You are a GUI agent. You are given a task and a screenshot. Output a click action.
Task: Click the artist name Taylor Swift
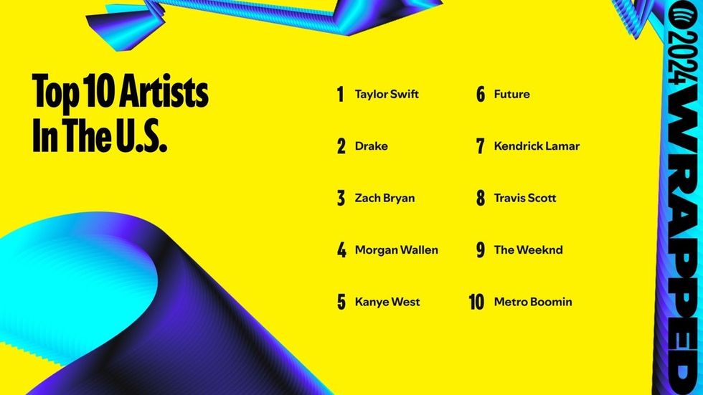coord(387,95)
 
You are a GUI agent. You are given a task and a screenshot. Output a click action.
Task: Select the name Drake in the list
coord(371,146)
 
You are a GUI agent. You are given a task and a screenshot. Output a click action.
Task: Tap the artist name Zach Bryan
coord(384,198)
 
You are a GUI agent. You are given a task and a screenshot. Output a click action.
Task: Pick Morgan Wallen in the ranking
coord(396,250)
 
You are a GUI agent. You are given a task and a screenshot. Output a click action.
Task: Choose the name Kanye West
coord(387,302)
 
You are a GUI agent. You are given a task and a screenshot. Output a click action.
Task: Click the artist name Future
coord(511,95)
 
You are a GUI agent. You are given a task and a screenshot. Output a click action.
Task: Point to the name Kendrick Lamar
coord(537,146)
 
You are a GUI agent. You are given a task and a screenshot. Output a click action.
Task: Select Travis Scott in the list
coord(525,198)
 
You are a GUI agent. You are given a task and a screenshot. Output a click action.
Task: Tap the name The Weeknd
coord(528,250)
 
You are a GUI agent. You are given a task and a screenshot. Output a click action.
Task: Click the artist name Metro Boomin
coord(533,302)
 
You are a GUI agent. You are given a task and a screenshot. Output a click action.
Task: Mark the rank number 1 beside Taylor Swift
coord(341,95)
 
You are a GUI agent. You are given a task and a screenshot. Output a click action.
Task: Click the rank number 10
coord(477,302)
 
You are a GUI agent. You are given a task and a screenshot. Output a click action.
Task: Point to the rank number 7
coord(481,146)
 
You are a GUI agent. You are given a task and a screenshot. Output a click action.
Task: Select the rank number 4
coord(341,250)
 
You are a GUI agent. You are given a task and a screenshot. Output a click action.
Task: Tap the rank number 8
coord(481,198)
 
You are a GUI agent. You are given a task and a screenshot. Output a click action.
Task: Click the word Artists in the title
coord(167,92)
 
